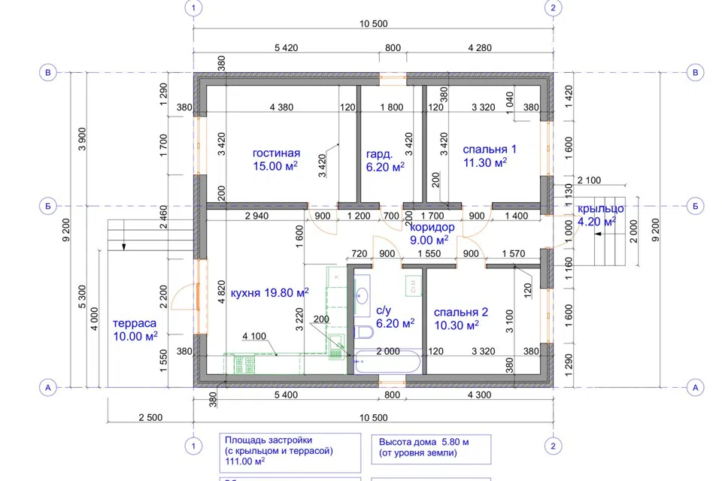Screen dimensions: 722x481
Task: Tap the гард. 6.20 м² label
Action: (385, 160)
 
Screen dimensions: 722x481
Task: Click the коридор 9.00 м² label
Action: (432, 234)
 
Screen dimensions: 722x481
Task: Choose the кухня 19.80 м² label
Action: (269, 293)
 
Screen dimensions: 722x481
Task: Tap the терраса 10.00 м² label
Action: (135, 330)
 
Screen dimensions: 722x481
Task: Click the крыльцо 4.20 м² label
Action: (600, 215)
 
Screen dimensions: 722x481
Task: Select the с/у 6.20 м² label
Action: (395, 316)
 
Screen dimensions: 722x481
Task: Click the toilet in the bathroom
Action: (364, 332)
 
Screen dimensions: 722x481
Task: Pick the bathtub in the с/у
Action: (388, 362)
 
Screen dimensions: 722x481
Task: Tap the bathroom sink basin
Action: (363, 295)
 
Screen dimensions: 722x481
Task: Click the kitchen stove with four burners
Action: (244, 365)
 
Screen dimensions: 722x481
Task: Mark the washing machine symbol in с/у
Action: (413, 286)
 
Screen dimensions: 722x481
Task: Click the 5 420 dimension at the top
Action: (286, 47)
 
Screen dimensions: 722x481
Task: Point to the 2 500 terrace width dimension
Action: (150, 417)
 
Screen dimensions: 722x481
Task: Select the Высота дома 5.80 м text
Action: (423, 442)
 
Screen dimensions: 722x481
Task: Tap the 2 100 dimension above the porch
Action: (589, 180)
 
